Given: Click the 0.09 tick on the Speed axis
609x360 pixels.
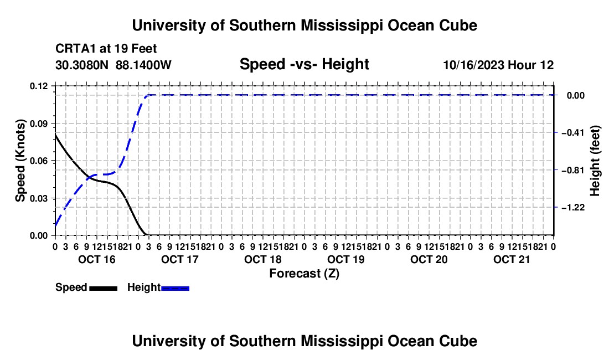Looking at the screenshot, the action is point(39,124).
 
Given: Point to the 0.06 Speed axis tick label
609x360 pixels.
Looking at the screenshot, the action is point(39,161).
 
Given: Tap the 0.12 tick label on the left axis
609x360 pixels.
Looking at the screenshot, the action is point(39,86).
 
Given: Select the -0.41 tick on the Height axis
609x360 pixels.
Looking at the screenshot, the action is point(574,133).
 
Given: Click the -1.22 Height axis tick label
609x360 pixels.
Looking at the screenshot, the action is point(574,207).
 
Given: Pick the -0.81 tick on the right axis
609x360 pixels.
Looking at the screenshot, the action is point(574,170).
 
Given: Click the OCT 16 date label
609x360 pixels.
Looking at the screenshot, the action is point(97,259).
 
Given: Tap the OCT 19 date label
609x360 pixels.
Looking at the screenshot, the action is point(346,259).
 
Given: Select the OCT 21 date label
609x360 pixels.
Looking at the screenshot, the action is point(512,259).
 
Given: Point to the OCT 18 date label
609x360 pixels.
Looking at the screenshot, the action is point(263,259).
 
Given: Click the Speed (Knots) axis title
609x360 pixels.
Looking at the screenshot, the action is point(20,161).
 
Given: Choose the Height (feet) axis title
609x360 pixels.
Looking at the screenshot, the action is point(595,161).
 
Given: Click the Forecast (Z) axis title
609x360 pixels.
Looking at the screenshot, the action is point(304,274).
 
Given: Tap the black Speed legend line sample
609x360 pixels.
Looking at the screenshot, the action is point(104,288).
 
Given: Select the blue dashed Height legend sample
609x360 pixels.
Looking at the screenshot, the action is point(175,288).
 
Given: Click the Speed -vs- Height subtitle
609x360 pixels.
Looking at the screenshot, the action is point(304,64).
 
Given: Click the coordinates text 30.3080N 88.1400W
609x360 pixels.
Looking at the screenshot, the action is point(113,65).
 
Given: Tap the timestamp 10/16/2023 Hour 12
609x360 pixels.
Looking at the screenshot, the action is point(499,65).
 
